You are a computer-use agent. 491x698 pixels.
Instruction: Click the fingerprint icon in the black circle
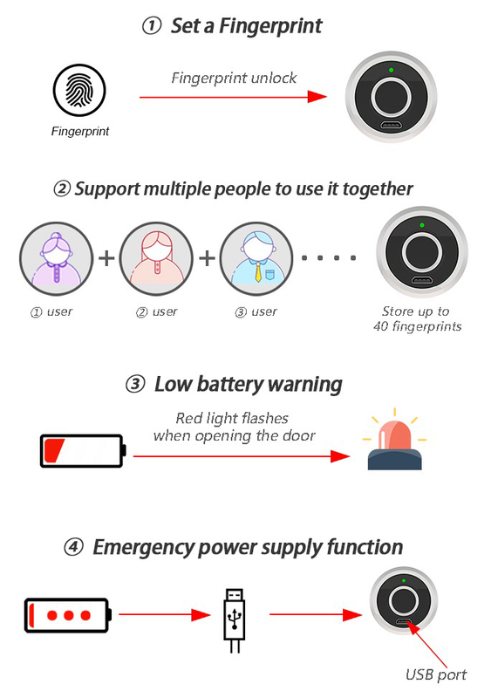[79, 90]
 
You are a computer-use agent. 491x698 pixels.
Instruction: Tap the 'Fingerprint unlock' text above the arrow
[234, 78]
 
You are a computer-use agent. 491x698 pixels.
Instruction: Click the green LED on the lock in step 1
[391, 70]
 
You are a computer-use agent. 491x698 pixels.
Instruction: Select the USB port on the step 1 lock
[391, 125]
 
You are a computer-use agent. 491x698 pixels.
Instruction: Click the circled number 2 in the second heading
[62, 188]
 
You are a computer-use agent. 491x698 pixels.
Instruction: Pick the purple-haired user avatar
[56, 258]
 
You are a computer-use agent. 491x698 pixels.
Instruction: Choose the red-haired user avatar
[156, 258]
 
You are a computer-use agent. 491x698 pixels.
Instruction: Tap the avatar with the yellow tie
[256, 258]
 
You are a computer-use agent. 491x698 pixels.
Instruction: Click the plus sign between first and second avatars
[106, 258]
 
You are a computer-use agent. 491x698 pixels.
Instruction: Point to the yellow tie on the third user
[258, 272]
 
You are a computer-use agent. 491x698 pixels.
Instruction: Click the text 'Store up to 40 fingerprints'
[417, 318]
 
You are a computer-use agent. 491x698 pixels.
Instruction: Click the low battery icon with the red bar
[83, 451]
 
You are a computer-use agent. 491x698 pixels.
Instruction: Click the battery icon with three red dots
[68, 615]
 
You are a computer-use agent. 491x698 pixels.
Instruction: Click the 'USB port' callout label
[436, 674]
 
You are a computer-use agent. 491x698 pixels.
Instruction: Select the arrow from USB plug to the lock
[316, 615]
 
